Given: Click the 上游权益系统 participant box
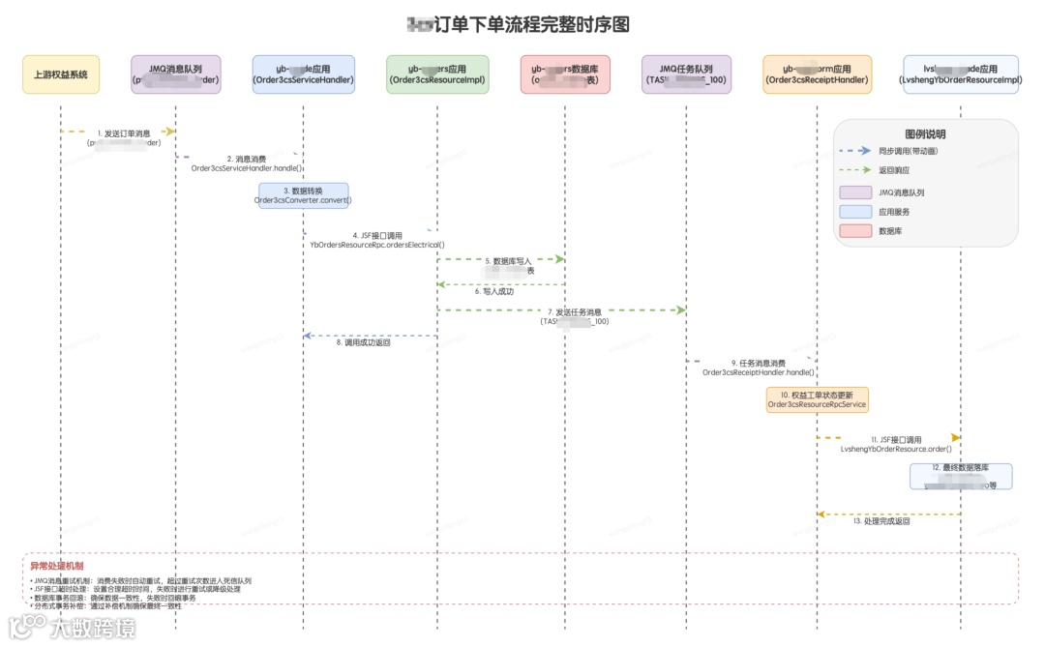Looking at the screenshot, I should [x=61, y=74].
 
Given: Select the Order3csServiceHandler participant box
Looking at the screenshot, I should [x=303, y=74].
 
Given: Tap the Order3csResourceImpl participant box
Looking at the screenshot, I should [x=437, y=74].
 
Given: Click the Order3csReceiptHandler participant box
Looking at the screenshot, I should [x=817, y=74].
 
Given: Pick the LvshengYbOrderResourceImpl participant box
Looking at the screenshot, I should [x=960, y=74].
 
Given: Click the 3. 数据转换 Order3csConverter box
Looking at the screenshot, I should [x=303, y=195].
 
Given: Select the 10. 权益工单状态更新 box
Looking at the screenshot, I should [x=817, y=399].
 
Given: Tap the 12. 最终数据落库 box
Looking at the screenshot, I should [x=960, y=476].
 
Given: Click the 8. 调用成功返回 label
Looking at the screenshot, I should [x=363, y=342].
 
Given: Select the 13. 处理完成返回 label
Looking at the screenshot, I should [x=881, y=521].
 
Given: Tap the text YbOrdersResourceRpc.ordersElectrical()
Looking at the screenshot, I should [x=377, y=245].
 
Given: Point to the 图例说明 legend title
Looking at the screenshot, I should [x=925, y=133].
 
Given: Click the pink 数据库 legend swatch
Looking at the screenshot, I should [x=855, y=230].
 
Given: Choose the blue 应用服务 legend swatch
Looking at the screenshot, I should [x=855, y=211].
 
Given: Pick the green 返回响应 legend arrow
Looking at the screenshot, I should [x=855, y=170].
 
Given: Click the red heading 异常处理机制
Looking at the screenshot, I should [x=57, y=566].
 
